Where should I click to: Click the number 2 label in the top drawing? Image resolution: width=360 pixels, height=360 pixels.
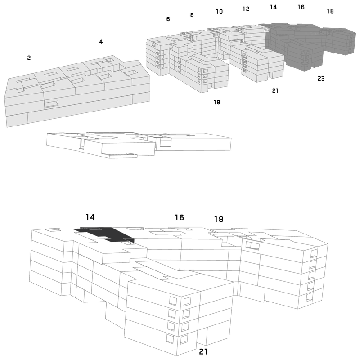coord(29,58)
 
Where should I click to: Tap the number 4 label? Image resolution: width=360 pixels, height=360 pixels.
coord(101,41)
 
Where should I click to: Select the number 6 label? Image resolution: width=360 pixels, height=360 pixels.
coord(168,19)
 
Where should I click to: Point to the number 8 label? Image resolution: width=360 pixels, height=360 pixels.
coord(192,15)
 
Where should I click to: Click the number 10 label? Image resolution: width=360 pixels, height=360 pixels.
coord(219,11)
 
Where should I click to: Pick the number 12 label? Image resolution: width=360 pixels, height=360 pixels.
coord(246,9)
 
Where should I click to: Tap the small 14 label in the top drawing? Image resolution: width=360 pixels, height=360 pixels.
coord(273,7)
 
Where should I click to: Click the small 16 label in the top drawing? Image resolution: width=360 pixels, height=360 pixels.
coord(301,7)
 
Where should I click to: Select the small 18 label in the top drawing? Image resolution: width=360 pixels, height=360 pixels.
coord(330,11)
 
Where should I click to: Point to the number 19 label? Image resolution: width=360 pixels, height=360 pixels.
coord(217,102)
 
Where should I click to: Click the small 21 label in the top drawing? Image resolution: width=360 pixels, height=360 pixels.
coord(275,91)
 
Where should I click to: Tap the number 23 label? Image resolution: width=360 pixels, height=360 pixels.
coord(321,78)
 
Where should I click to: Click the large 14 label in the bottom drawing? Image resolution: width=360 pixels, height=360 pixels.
coord(90,217)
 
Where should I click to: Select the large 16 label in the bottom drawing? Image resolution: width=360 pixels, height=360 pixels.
coord(179,217)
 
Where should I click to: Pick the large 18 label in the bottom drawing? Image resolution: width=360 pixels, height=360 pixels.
coord(219,219)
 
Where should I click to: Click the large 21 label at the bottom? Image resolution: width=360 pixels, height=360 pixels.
coord(203,351)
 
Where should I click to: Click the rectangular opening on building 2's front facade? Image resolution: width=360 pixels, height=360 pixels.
coord(51,104)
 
